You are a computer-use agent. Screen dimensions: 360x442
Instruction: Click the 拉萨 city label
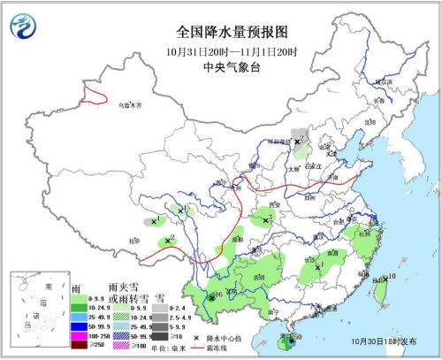(134, 240)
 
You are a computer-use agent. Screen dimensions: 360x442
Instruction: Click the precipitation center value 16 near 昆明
(218, 295)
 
